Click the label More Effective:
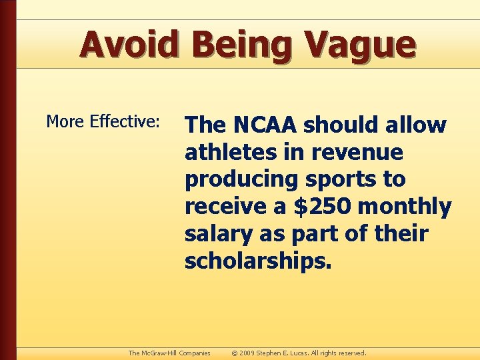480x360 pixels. (103, 121)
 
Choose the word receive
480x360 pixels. (225, 207)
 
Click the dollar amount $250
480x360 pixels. (322, 207)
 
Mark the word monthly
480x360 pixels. (405, 207)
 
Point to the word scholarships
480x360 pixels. (257, 261)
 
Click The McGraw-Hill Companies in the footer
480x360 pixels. (169, 353)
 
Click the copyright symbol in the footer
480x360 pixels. (234, 353)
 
